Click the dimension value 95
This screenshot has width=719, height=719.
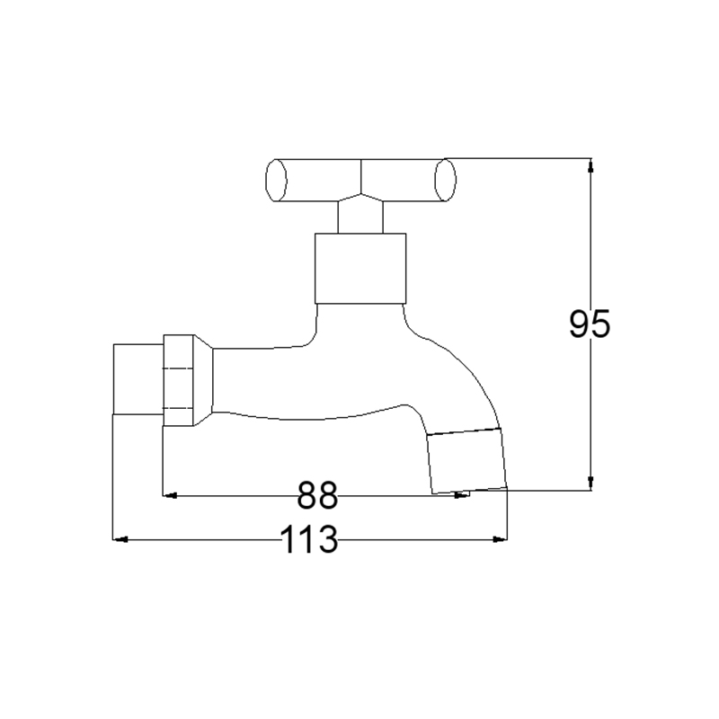pyautogui.click(x=590, y=324)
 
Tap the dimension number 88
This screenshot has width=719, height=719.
pyautogui.click(x=318, y=495)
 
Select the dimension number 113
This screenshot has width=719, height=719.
pyautogui.click(x=308, y=540)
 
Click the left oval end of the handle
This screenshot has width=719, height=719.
pyautogui.click(x=277, y=180)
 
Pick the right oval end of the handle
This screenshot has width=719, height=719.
pyautogui.click(x=445, y=180)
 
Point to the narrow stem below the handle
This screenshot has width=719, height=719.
pyautogui.click(x=360, y=217)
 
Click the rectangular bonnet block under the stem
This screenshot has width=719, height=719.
pyautogui.click(x=360, y=268)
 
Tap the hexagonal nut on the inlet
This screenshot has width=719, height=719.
pyautogui.click(x=178, y=380)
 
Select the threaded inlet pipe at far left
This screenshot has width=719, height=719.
pyautogui.click(x=138, y=378)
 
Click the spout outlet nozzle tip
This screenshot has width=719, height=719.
pyautogui.click(x=466, y=461)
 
